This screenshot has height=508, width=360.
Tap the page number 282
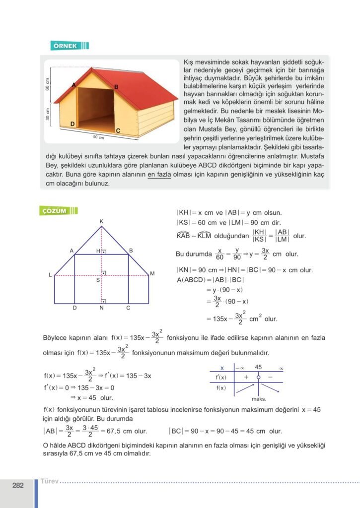18,486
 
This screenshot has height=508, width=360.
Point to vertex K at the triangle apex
101,221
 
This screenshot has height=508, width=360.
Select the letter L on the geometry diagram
50,275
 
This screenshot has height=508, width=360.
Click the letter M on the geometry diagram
152,273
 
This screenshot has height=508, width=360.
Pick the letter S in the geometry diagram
98,280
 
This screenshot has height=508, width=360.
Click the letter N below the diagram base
101,308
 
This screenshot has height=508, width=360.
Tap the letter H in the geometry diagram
98,251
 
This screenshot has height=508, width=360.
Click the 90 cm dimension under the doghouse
98,137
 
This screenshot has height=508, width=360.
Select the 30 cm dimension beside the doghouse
48,115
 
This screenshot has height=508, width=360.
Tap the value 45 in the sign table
258,367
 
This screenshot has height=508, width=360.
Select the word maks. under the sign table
259,399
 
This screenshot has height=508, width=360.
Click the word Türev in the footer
49,481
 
